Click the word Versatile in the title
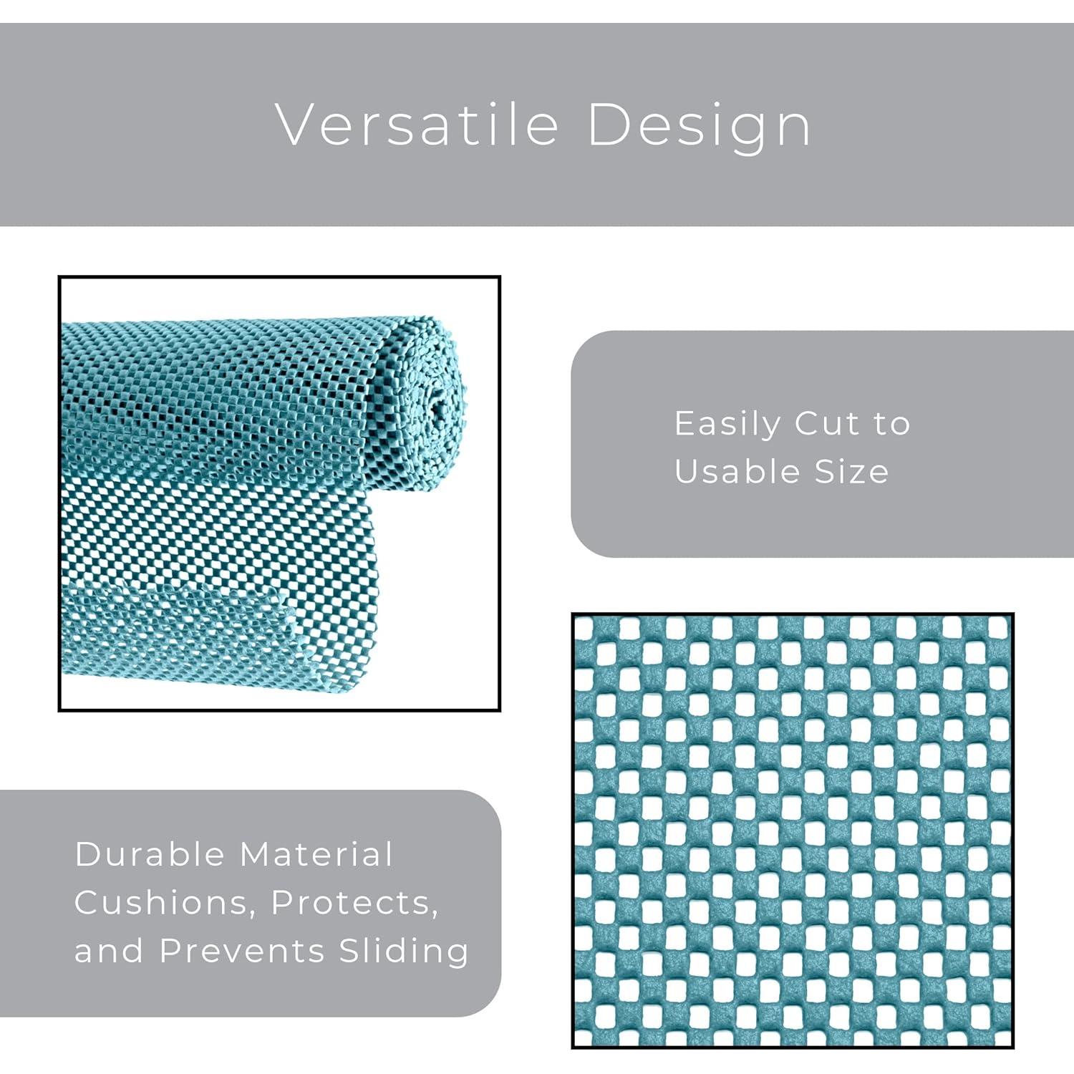[417, 125]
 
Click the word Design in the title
[699, 126]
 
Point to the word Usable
[737, 471]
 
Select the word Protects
[355, 902]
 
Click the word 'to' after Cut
[891, 424]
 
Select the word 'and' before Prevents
[109, 951]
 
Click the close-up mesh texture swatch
[793, 831]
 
